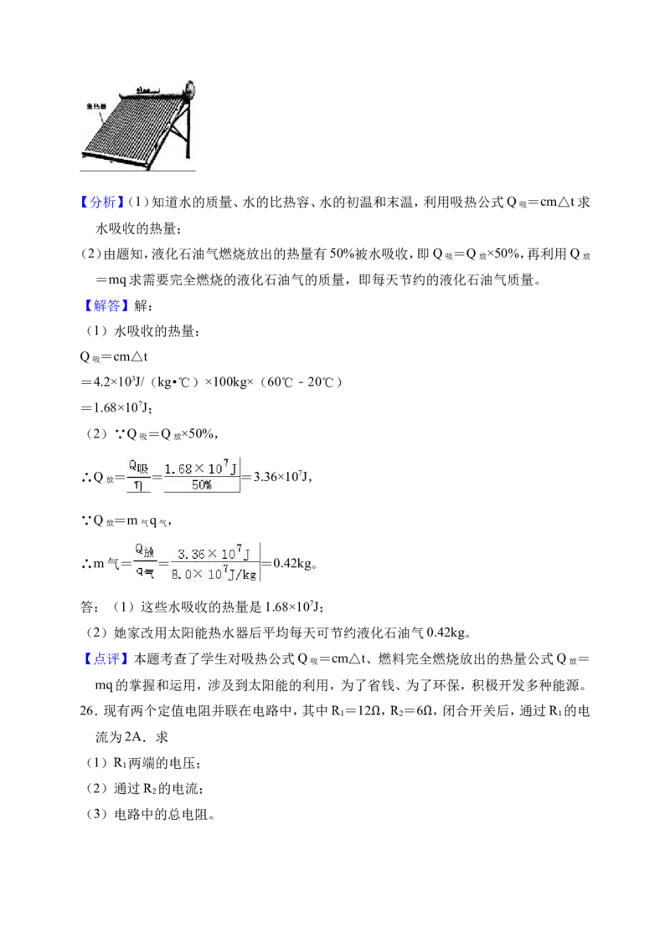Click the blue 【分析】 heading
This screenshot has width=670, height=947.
point(102,202)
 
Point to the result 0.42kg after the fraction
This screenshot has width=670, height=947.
point(296,564)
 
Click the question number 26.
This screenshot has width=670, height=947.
point(89,711)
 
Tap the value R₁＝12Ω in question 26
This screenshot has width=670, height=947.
point(356,711)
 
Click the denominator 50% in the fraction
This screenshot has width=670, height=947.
point(201,485)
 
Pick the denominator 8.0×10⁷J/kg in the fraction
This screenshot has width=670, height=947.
point(214,574)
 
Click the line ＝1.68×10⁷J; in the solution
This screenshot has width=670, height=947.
point(116,407)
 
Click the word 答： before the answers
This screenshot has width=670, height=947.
point(90,607)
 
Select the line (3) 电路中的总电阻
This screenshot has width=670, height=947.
point(151,814)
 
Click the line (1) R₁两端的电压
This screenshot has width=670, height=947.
point(143,763)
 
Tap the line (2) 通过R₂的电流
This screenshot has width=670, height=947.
point(145,789)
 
